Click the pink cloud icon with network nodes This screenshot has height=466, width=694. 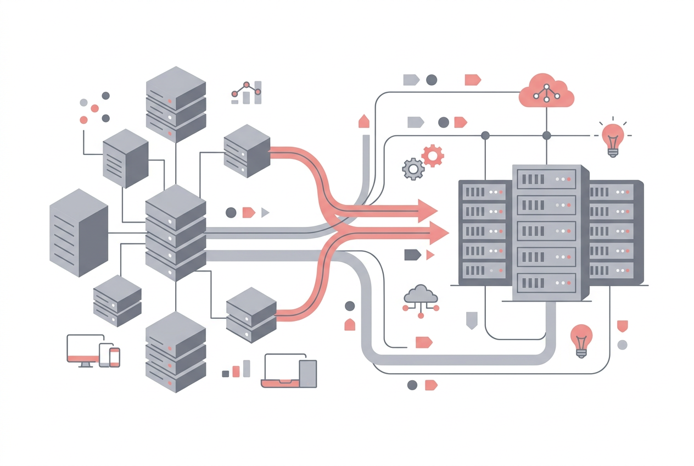pyautogui.click(x=546, y=91)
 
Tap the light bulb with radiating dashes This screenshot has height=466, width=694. pyautogui.click(x=613, y=139)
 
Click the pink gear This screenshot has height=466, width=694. pyautogui.click(x=433, y=156)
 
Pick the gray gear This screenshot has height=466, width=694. pyautogui.click(x=413, y=169)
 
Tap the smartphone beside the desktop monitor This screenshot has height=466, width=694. pyautogui.click(x=114, y=357)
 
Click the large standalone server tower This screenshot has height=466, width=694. pyautogui.click(x=79, y=232)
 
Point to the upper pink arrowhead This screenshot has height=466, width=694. pyautogui.click(x=427, y=210)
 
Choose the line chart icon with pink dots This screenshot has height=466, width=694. pyautogui.click(x=247, y=93)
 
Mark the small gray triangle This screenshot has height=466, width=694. pyautogui.click(x=265, y=213)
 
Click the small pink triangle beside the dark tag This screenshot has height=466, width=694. pyautogui.click(x=429, y=255)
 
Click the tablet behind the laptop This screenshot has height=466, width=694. pyautogui.click(x=308, y=373)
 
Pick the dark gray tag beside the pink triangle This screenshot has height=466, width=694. pyautogui.click(x=412, y=254)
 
